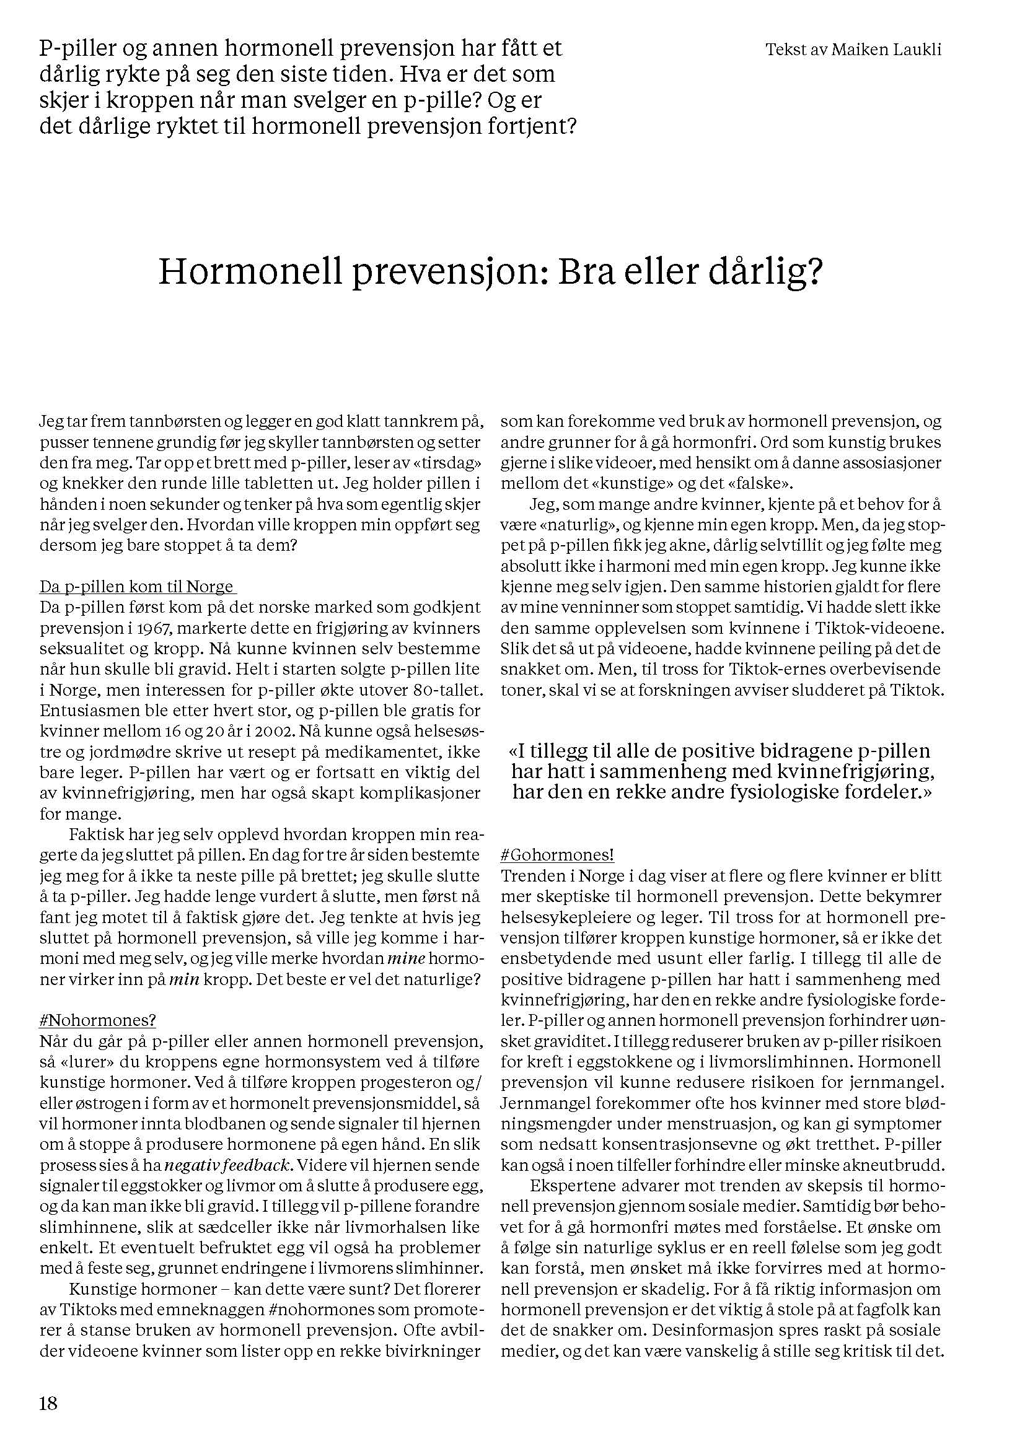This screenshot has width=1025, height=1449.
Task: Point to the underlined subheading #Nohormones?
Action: coord(98,1020)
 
